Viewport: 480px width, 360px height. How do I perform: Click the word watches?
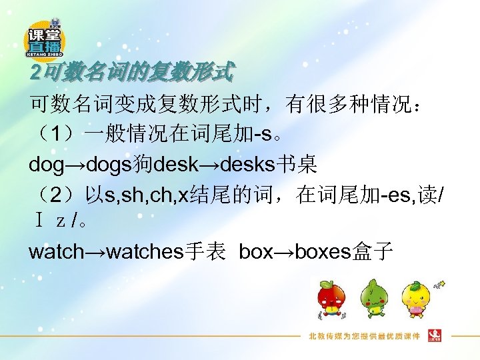coord(144,251)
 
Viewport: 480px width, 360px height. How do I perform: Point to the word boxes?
coord(322,251)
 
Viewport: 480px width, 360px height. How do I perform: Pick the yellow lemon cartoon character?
coord(417,299)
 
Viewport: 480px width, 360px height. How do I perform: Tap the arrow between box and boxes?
coord(283,251)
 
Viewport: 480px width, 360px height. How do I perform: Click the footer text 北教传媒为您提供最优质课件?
coord(363,336)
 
